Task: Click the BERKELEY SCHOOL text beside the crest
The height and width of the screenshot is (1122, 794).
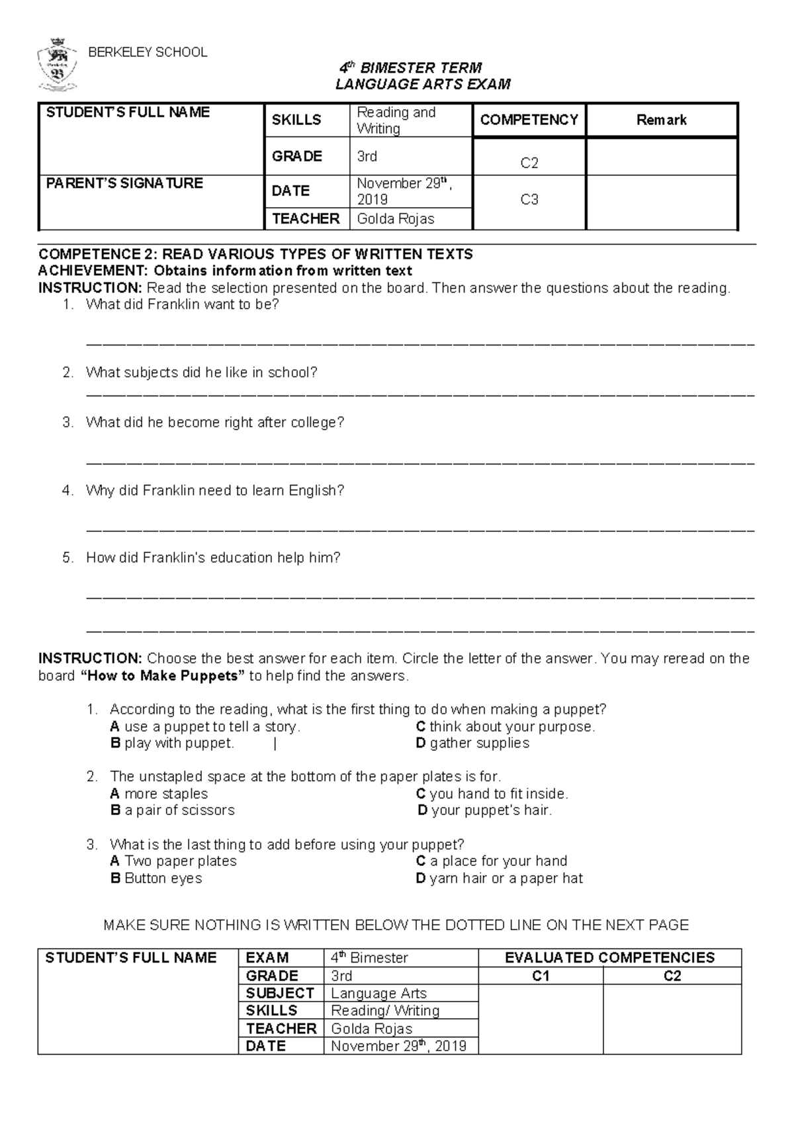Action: [148, 52]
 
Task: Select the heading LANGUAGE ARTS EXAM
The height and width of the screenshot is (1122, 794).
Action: [423, 84]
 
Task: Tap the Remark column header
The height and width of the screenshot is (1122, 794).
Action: [661, 120]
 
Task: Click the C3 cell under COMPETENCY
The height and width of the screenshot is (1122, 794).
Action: [529, 199]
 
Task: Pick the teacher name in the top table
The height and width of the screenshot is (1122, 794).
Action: [396, 219]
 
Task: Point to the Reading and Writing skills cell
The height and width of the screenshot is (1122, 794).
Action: [396, 120]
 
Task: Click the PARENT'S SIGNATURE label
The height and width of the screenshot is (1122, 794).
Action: [124, 183]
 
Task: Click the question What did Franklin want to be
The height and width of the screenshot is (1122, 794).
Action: [183, 305]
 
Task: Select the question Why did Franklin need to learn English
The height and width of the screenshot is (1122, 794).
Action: [215, 491]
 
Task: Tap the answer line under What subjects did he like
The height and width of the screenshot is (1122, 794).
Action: [420, 395]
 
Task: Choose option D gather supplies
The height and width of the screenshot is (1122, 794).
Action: [472, 743]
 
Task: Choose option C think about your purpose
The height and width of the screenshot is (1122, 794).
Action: [506, 726]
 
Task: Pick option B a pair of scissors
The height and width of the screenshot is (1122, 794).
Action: [172, 810]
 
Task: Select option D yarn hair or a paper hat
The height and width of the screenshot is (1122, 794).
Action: [500, 879]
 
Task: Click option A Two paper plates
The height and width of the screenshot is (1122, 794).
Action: [173, 861]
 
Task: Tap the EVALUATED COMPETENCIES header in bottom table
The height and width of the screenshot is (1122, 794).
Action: [609, 958]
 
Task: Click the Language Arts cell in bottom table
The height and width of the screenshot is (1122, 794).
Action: [378, 993]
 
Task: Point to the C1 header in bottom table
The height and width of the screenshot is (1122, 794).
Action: [541, 976]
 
